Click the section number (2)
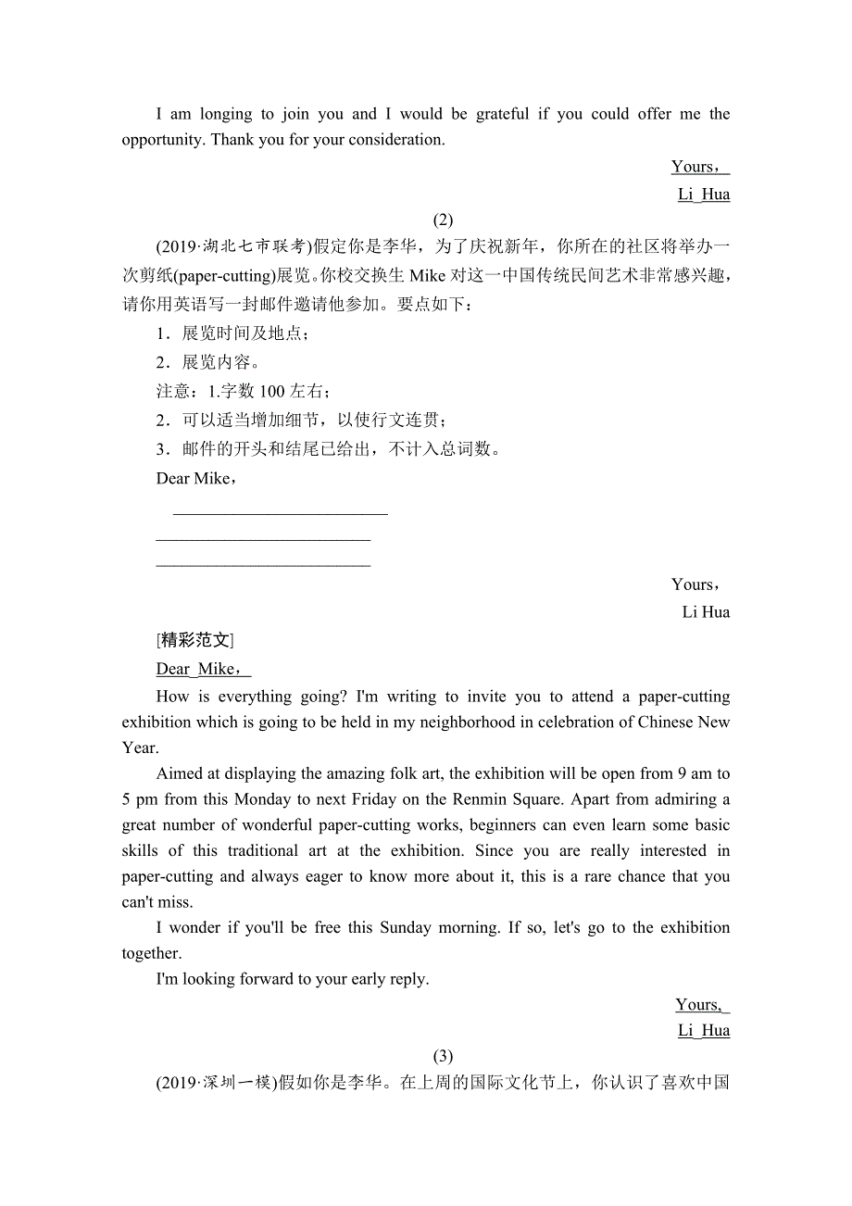(x=443, y=220)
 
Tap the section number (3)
(x=443, y=1056)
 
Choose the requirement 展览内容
(x=220, y=362)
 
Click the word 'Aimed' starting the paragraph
(x=177, y=773)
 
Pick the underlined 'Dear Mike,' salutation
(x=204, y=669)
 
